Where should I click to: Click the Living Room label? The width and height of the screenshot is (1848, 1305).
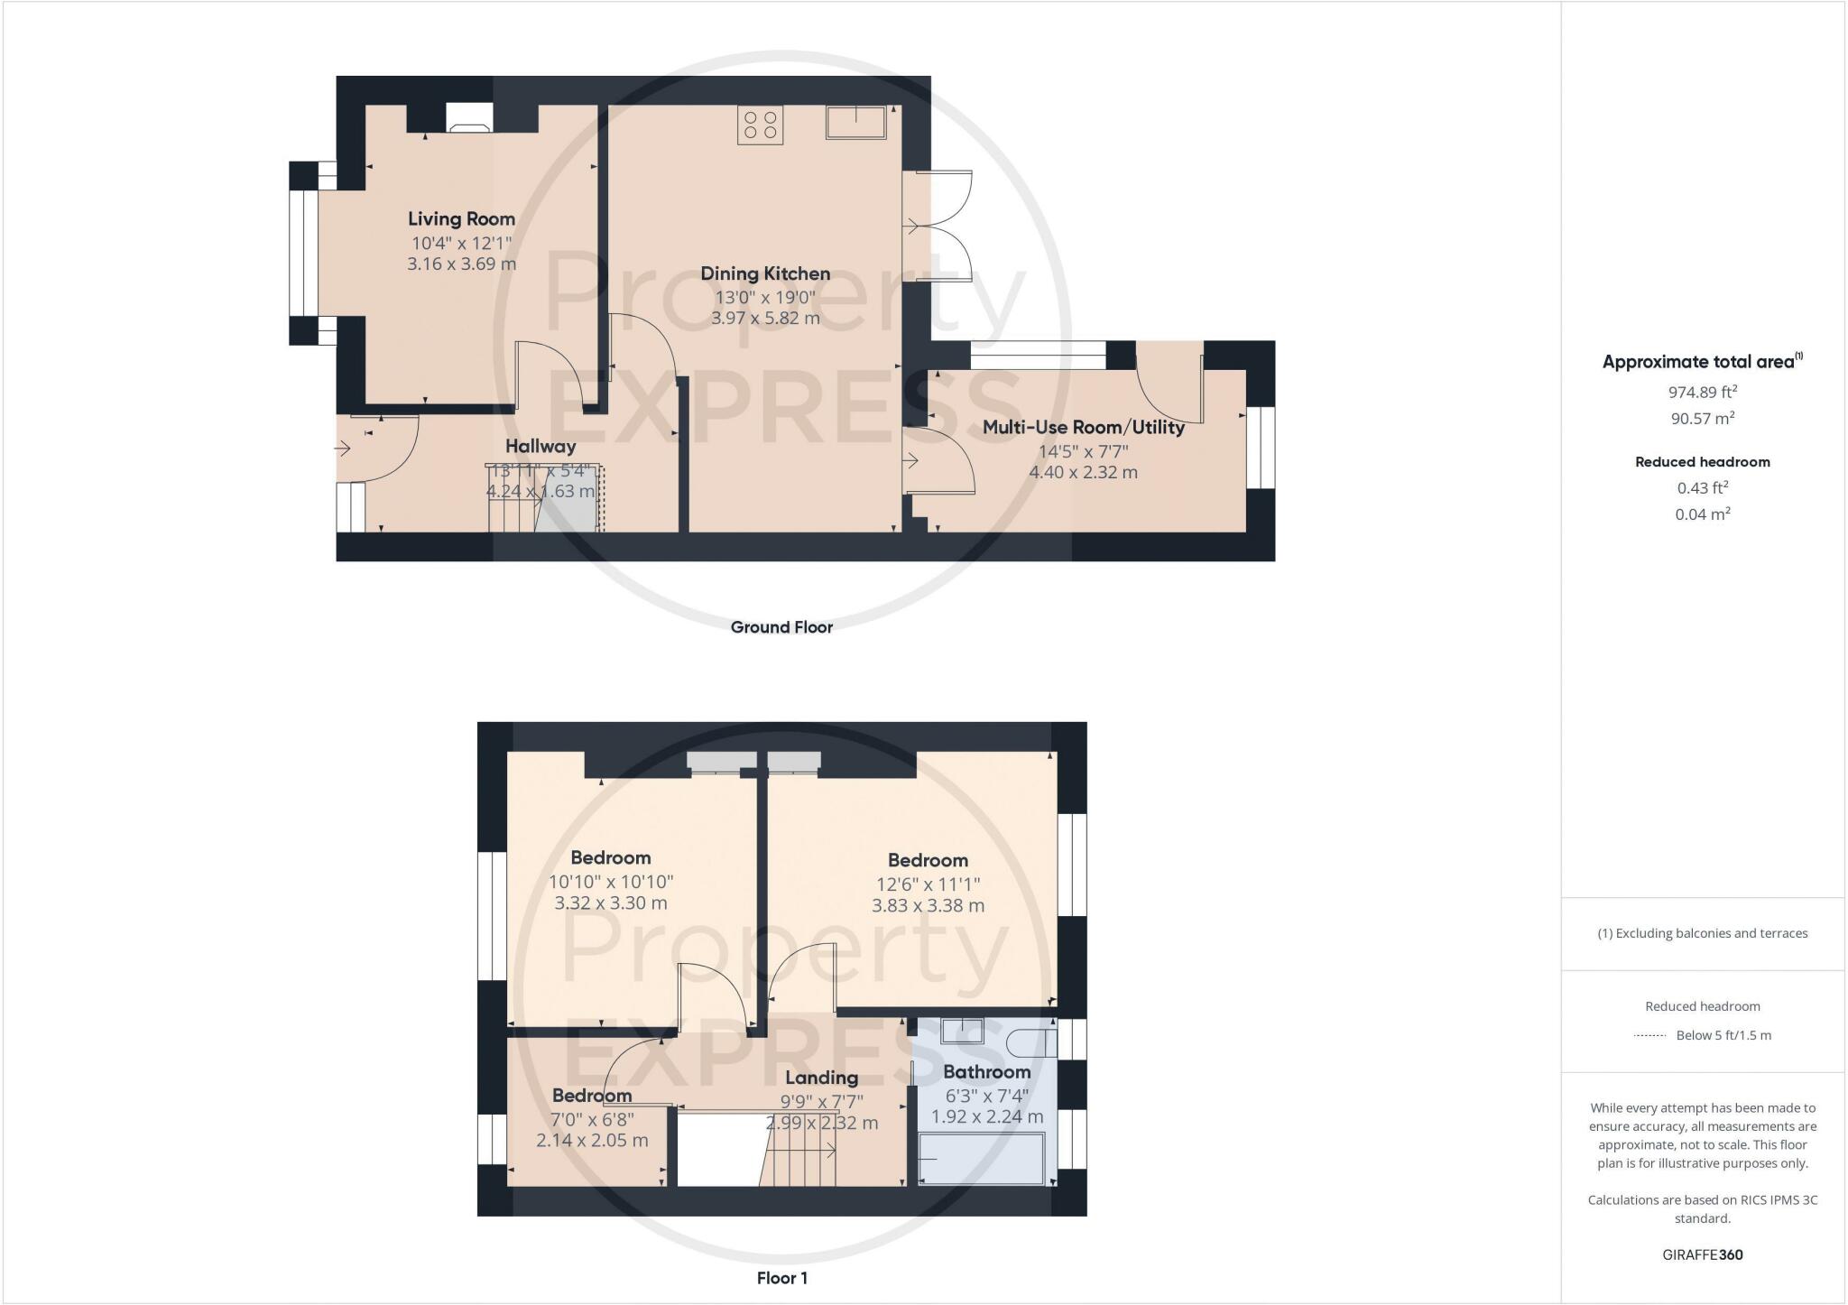point(461,218)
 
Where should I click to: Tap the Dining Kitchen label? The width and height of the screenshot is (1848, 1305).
point(765,273)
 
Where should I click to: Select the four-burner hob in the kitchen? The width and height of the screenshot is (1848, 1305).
point(760,125)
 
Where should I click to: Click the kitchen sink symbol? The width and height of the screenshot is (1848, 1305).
point(855,122)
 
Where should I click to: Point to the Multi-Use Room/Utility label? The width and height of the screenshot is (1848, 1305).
point(1083,427)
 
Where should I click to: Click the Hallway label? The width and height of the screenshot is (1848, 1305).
point(541,446)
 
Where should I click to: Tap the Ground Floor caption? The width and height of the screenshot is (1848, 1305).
point(781,627)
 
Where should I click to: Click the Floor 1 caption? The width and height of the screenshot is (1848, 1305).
point(782,1278)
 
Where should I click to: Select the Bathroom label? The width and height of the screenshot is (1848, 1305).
point(986,1072)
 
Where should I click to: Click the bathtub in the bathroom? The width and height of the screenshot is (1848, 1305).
point(982,1159)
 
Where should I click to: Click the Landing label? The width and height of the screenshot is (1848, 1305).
point(821,1078)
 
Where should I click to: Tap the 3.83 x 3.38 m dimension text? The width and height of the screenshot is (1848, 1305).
point(928,905)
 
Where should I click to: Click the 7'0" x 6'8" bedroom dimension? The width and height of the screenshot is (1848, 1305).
point(592,1119)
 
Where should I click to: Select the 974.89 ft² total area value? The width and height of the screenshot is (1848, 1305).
point(1703,392)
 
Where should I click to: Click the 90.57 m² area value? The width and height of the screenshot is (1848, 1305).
point(1703,418)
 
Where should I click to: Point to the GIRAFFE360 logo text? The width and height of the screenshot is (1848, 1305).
point(1703,1254)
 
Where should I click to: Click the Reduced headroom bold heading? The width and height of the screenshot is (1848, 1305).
point(1703,462)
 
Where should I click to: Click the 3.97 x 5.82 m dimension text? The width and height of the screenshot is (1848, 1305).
point(765,318)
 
